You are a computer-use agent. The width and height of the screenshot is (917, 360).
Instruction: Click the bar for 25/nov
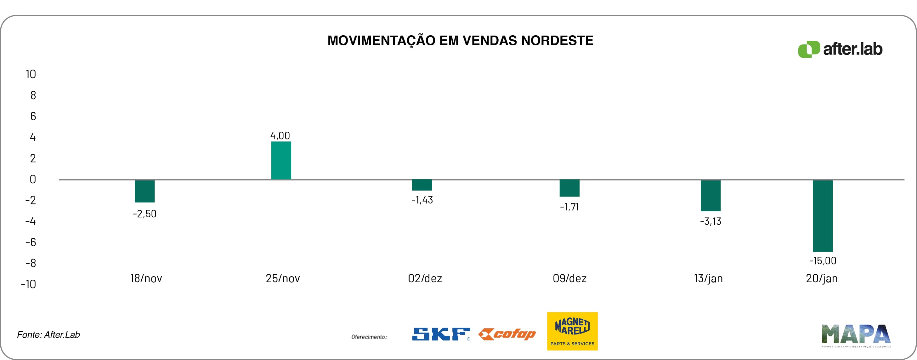[x=281, y=160]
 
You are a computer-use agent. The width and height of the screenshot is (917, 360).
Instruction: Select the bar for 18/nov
[x=144, y=191]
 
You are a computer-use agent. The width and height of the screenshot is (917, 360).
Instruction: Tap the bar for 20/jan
[x=822, y=216]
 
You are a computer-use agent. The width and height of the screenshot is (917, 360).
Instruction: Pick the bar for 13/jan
[x=710, y=196]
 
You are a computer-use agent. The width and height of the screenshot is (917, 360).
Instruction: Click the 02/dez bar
[x=422, y=185]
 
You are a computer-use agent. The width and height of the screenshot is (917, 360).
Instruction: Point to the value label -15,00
[x=823, y=261]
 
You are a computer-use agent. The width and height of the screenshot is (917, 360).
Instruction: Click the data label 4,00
[x=280, y=136]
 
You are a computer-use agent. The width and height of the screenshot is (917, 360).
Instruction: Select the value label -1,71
[x=569, y=207]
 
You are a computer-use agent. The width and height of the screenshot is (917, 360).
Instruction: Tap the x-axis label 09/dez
[x=569, y=278]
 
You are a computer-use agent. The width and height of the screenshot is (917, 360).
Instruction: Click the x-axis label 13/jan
[x=708, y=278]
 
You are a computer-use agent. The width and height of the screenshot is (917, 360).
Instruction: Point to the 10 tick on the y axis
[x=31, y=74]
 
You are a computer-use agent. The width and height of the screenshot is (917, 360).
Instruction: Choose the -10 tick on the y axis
[x=28, y=284]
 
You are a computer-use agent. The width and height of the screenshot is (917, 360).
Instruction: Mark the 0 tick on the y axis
[x=33, y=179]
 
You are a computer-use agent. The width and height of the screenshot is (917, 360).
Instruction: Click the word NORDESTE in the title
[x=557, y=41]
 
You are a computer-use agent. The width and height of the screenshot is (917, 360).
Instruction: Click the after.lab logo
[x=840, y=49]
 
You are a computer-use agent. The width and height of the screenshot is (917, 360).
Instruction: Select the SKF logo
[x=441, y=334]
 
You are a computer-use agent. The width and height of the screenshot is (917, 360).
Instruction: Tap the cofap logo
[x=507, y=334]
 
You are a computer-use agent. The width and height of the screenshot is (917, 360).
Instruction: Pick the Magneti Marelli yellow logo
[x=572, y=331]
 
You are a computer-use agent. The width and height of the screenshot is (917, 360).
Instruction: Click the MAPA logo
[x=856, y=335]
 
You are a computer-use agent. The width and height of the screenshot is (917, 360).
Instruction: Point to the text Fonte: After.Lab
[x=48, y=335]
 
